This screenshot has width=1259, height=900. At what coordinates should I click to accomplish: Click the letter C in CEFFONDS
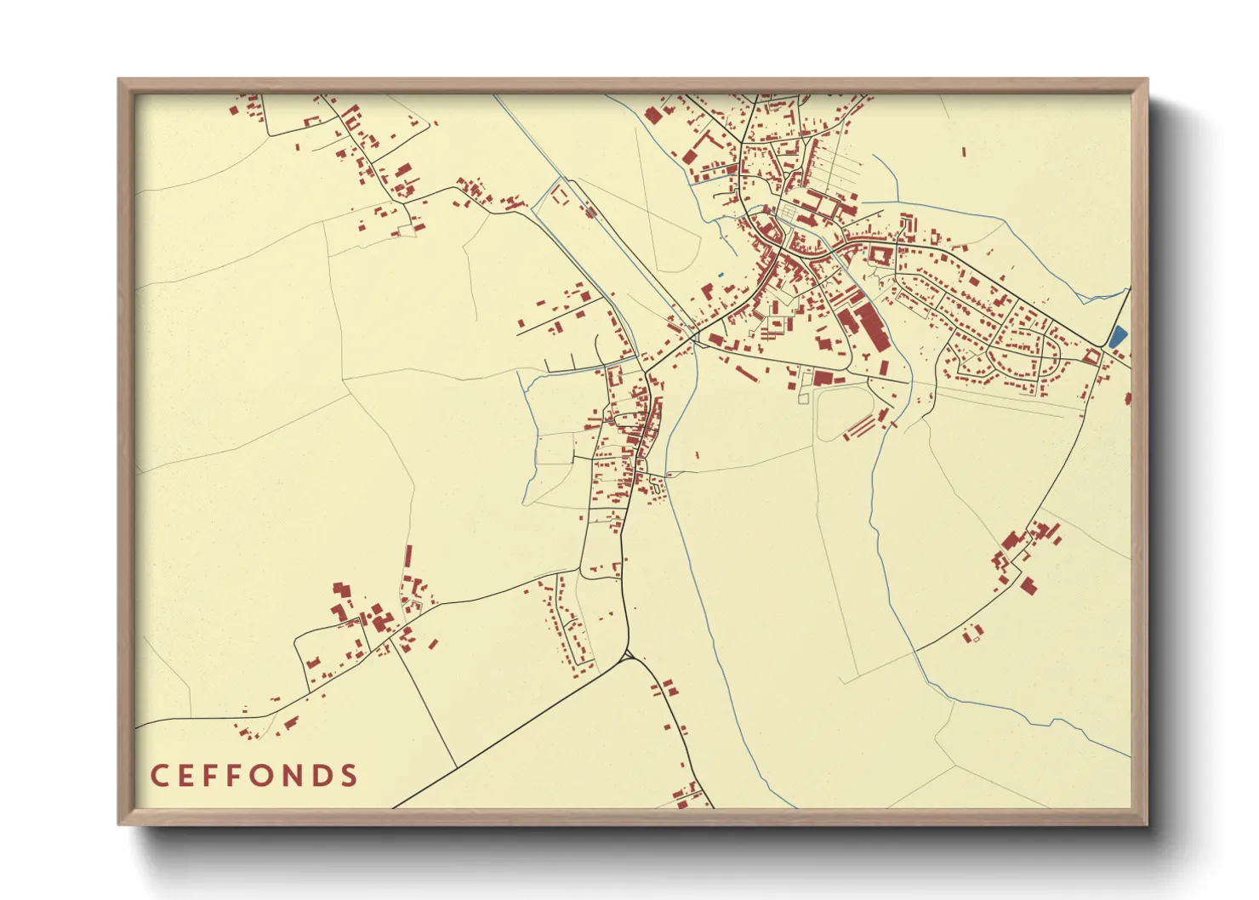[159, 776]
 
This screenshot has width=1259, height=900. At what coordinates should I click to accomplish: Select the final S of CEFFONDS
[347, 776]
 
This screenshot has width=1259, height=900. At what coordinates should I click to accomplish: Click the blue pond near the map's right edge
[1117, 336]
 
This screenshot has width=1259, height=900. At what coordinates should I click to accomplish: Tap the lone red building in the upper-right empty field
[964, 153]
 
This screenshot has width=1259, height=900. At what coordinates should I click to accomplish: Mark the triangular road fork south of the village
[628, 656]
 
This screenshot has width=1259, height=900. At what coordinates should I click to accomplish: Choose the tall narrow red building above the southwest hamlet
[407, 557]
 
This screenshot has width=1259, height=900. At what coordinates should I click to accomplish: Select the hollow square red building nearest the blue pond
[1091, 356]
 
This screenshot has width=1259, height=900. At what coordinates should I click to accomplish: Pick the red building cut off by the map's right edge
[1127, 398]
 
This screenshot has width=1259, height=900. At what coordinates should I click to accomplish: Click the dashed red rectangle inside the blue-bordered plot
[560, 195]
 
